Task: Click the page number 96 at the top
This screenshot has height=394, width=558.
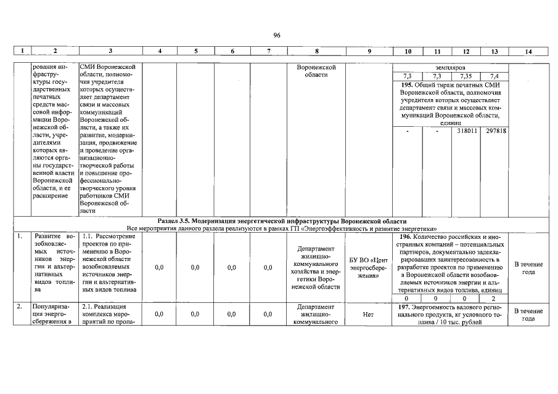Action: click(277, 36)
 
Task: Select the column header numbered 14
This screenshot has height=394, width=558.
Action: click(528, 52)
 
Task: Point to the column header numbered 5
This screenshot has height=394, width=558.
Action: click(195, 52)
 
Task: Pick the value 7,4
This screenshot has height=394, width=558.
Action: click(494, 76)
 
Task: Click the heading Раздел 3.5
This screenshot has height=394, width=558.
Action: click(174, 220)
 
